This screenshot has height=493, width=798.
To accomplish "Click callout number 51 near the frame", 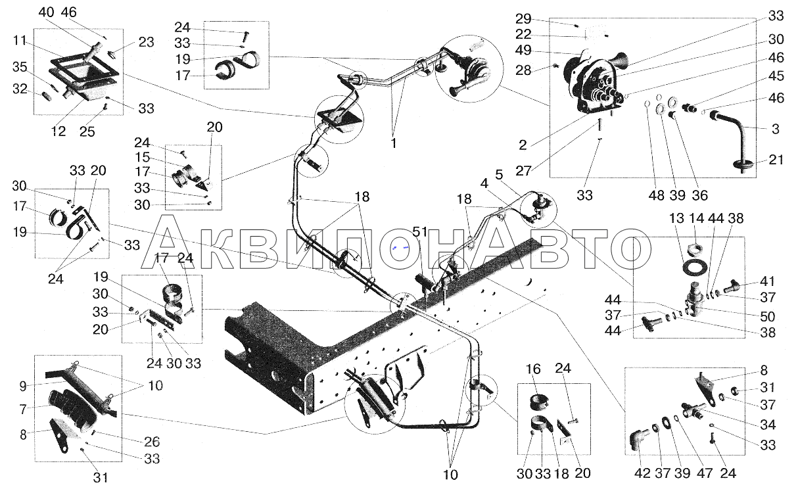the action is [420, 232].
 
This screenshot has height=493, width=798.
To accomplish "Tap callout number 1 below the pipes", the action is [394, 143].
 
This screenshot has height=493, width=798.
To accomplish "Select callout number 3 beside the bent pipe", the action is [775, 129].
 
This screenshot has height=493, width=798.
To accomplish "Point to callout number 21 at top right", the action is [776, 159].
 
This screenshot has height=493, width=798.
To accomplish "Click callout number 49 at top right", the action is [523, 50].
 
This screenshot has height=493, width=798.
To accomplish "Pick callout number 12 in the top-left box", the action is [59, 131].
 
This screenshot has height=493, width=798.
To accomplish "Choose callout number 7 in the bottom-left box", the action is [23, 410].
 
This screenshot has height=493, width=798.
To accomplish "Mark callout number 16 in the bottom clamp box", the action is [533, 369].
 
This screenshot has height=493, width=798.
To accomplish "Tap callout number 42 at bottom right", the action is [642, 473].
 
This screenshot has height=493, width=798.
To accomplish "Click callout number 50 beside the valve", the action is [768, 316].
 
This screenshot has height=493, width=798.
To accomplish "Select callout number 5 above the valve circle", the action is [499, 175].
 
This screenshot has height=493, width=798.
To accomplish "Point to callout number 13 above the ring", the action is [676, 218].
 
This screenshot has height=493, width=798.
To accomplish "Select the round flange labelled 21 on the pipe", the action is [741, 164].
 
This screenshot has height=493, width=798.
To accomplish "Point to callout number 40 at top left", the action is [46, 12].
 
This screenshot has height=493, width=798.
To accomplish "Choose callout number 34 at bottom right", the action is [768, 425].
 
